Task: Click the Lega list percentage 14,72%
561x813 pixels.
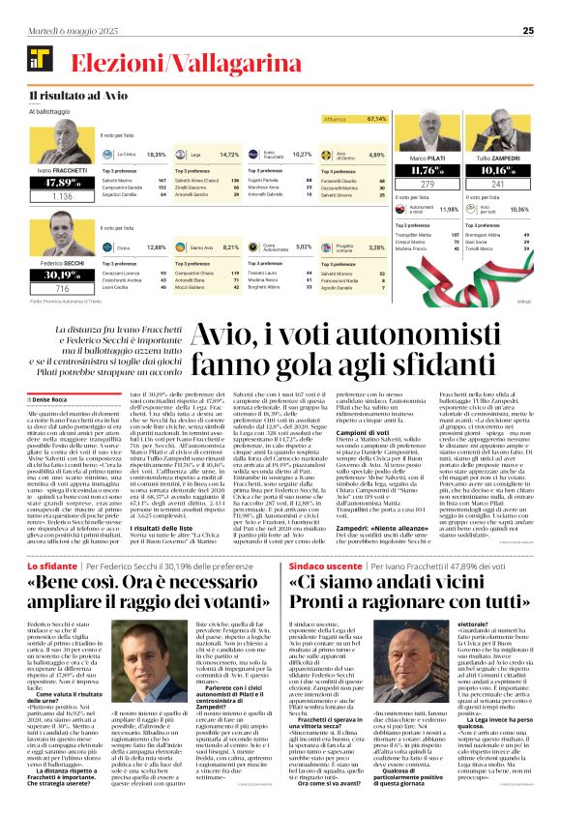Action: [229, 154]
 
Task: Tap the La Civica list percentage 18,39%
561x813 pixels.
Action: [155, 154]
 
